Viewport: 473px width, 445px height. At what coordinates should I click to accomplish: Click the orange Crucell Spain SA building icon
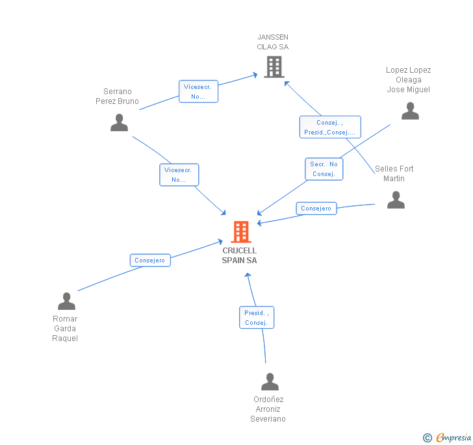pos(241,231)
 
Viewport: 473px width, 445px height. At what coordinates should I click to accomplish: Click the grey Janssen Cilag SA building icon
pos(274,67)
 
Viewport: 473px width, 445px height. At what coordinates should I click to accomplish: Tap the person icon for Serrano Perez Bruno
pos(119,122)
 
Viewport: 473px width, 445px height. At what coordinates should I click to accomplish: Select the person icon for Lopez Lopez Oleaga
pos(410,111)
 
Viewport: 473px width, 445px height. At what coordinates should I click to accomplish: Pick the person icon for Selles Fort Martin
pos(396,200)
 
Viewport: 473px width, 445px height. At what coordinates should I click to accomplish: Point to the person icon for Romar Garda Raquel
pos(66,301)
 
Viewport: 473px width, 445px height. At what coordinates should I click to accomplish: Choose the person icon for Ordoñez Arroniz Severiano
pos(270,382)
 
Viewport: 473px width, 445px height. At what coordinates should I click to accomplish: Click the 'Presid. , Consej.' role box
pos(257,318)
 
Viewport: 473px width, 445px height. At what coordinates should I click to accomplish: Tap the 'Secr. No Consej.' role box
pos(324,169)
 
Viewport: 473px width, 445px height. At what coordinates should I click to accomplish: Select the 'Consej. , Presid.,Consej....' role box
pos(329,127)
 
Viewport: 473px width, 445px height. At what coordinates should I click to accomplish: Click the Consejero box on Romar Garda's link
pos(150,261)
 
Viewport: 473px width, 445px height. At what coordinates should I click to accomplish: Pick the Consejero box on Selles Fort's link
pos(316,209)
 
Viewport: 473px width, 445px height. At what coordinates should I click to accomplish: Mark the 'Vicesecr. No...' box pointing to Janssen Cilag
pos(198,92)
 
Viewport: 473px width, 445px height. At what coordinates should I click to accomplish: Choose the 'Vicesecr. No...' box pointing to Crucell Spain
pos(179,175)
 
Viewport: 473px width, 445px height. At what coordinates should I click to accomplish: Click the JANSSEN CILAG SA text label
pos(273,42)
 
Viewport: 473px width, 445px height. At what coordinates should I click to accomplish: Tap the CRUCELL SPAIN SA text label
pos(240,255)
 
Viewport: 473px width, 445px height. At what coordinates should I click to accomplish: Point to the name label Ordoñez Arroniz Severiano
pos(268,409)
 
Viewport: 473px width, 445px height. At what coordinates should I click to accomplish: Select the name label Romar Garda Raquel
pos(65,329)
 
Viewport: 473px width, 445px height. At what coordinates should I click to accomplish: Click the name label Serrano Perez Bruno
pos(117,96)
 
